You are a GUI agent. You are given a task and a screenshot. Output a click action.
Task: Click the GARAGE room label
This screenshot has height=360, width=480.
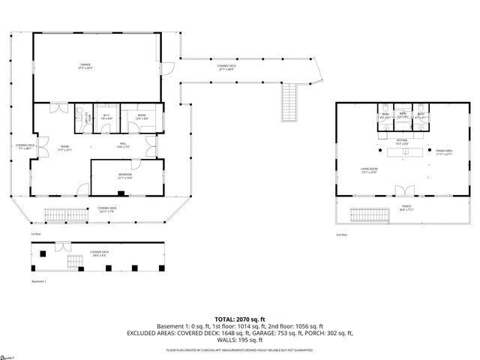[86, 66]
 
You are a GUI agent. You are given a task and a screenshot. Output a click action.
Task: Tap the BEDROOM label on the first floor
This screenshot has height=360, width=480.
[124, 177]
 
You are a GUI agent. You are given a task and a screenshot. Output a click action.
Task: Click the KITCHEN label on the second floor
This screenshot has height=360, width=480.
[401, 140]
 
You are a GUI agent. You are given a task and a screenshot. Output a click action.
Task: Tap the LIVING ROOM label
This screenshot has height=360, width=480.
[367, 170]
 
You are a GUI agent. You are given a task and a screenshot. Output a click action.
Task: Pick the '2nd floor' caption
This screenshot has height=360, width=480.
[342, 235]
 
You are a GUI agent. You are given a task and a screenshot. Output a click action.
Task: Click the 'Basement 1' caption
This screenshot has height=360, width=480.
[39, 281]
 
